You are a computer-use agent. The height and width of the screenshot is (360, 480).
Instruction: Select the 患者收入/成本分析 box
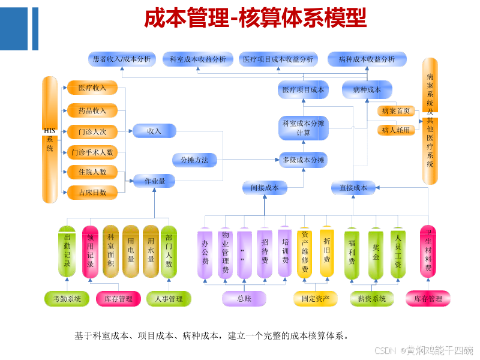[x=122, y=59]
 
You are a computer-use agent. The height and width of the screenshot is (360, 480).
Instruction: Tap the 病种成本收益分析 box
[x=367, y=59]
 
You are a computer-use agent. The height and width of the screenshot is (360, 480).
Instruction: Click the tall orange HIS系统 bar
[x=50, y=140]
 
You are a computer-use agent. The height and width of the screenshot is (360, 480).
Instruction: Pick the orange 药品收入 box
[x=92, y=110]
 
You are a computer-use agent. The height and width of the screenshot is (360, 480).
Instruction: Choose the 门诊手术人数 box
[x=92, y=152]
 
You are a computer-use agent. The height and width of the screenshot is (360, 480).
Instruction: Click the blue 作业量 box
[x=154, y=180]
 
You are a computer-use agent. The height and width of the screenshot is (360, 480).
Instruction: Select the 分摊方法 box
[x=194, y=160]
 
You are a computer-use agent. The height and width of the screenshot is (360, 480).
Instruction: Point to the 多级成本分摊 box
[x=303, y=160]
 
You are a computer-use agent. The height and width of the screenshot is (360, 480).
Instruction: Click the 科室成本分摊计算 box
[x=303, y=128]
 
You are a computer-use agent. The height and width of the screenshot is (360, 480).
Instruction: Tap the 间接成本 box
[x=265, y=188]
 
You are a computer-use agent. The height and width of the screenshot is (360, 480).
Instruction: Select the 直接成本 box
[x=353, y=188]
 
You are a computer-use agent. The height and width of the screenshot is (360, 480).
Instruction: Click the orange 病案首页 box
[x=396, y=111]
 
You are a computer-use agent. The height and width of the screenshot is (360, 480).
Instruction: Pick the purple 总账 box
[x=244, y=298]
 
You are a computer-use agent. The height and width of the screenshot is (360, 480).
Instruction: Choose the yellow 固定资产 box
[x=315, y=298]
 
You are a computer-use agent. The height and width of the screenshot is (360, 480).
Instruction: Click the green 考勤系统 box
[x=67, y=298]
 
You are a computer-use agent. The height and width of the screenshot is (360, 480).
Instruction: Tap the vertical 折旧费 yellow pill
[x=327, y=251]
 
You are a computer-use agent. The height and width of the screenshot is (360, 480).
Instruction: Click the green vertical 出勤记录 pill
[x=67, y=251]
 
